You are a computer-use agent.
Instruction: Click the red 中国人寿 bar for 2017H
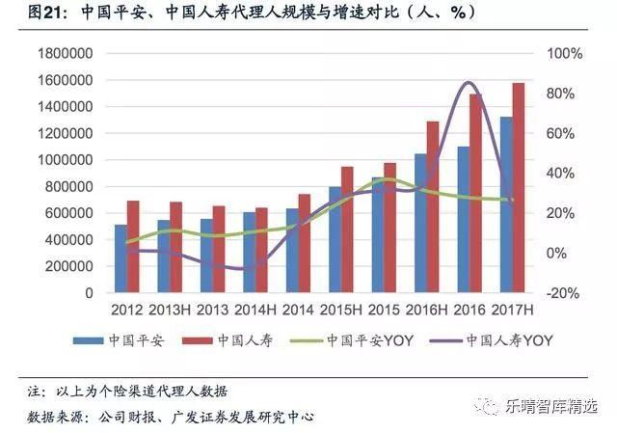click(x=519, y=188)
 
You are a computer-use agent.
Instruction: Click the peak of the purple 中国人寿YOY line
click(x=469, y=83)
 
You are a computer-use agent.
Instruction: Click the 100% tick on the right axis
click(x=563, y=53)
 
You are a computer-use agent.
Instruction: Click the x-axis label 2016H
click(x=425, y=310)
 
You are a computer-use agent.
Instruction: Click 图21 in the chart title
click(x=23, y=14)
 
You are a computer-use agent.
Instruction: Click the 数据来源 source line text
click(x=169, y=416)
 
